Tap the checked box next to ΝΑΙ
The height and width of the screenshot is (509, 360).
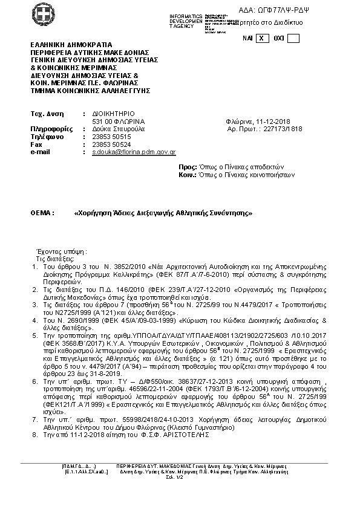point(261,38)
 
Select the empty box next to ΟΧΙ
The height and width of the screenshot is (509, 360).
point(293,38)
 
